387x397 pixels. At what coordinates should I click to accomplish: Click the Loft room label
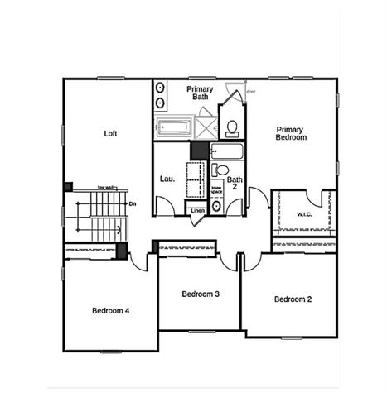[x=110, y=133]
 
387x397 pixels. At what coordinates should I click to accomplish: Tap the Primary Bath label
[x=201, y=93]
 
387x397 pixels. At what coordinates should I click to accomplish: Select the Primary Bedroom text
[x=291, y=133]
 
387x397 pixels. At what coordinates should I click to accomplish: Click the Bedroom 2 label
[x=293, y=299]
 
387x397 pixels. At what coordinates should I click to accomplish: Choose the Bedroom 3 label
[x=200, y=294]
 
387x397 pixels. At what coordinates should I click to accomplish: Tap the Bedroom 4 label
[x=110, y=310]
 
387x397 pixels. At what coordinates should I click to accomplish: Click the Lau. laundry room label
[x=166, y=179]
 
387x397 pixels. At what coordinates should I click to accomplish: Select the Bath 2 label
[x=235, y=184]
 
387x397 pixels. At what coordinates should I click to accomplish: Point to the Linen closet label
[x=197, y=211]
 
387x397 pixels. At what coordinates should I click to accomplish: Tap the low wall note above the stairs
[x=105, y=188]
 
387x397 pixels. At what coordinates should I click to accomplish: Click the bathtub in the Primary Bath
[x=173, y=128]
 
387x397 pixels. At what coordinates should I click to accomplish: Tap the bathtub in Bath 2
[x=226, y=153]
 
